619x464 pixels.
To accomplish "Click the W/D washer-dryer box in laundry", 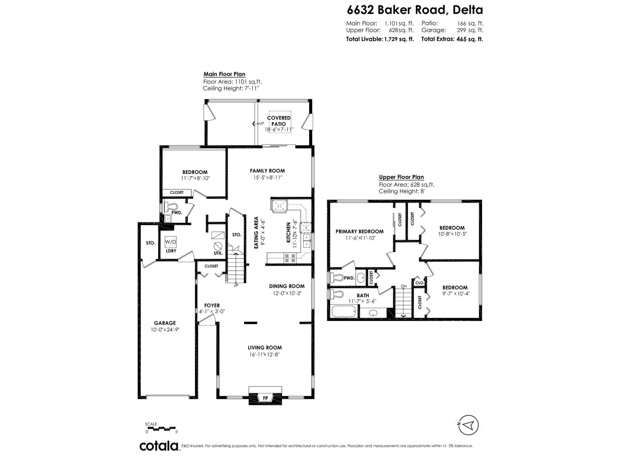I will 171,242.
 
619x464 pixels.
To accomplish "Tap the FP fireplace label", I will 265,398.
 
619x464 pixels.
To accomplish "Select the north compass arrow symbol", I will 469,425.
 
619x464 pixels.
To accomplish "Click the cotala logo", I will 159,446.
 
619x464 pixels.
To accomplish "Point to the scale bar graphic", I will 161,428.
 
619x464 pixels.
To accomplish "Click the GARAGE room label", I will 165,323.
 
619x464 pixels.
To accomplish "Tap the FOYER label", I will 212,305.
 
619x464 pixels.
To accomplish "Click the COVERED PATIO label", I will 279,121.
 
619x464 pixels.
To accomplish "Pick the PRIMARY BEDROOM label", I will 359,232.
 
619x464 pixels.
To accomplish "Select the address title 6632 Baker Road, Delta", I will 415,10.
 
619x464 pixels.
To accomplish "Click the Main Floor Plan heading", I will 224,74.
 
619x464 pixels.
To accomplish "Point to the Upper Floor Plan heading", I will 401,177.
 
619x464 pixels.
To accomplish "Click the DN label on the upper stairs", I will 404,287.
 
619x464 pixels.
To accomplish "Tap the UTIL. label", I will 218,253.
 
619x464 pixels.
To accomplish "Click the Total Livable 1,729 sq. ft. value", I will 398,39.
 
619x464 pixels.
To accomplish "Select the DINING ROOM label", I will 287,286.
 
